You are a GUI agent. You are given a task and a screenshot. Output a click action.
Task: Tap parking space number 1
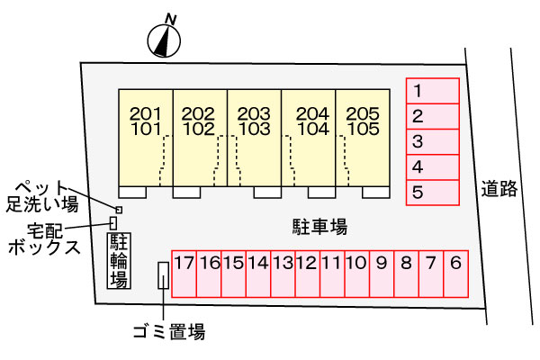pyautogui.click(x=433, y=91)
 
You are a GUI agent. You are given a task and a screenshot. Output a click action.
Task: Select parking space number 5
pyautogui.click(x=433, y=193)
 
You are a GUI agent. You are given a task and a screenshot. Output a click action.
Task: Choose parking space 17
pyautogui.click(x=184, y=274)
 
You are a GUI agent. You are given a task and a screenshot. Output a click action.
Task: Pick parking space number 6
pyautogui.click(x=455, y=274)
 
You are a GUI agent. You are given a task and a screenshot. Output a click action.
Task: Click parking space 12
pyautogui.click(x=308, y=274)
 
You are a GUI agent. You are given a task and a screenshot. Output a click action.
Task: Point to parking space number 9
pyautogui.click(x=382, y=274)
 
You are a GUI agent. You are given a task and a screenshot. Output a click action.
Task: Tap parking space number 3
pyautogui.click(x=433, y=141)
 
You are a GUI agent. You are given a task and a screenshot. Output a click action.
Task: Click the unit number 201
pyautogui.click(x=146, y=113)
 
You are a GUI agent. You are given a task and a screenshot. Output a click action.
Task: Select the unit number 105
pyautogui.click(x=363, y=129)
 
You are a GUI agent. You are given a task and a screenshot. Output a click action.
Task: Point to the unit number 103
pyautogui.click(x=254, y=129)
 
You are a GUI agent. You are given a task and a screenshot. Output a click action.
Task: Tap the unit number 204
pyautogui.click(x=312, y=113)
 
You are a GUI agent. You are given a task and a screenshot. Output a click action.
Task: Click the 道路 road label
pyautogui.click(x=499, y=189)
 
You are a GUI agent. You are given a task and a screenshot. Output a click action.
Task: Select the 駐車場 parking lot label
pyautogui.click(x=319, y=227)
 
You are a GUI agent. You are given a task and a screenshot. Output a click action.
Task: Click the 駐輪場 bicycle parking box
pyautogui.click(x=119, y=261)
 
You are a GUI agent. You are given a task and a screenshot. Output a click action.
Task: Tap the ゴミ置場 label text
pyautogui.click(x=169, y=332)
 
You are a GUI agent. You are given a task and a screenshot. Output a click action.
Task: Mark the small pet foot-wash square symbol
pyautogui.click(x=119, y=210)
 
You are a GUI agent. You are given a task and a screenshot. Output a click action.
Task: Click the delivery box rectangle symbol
pyautogui.click(x=113, y=223)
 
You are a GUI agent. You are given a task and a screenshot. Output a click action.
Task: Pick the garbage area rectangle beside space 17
pyautogui.click(x=163, y=275)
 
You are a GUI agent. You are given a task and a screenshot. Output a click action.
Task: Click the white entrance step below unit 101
pyautogui.click(x=132, y=193)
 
